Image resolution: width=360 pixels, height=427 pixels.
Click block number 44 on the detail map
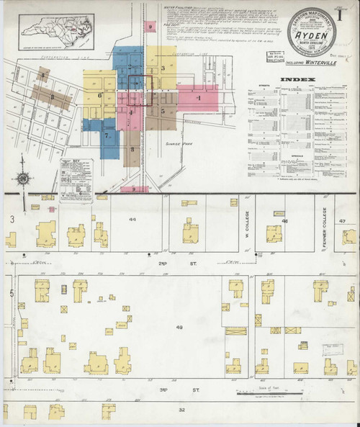(x=132, y=218)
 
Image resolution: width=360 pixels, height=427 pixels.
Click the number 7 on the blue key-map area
(x=107, y=135)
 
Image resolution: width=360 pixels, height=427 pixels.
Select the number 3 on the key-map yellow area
(x=164, y=68)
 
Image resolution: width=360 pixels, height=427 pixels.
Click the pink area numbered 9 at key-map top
(x=150, y=27)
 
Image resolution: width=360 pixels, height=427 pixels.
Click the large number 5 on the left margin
(x=11, y=292)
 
